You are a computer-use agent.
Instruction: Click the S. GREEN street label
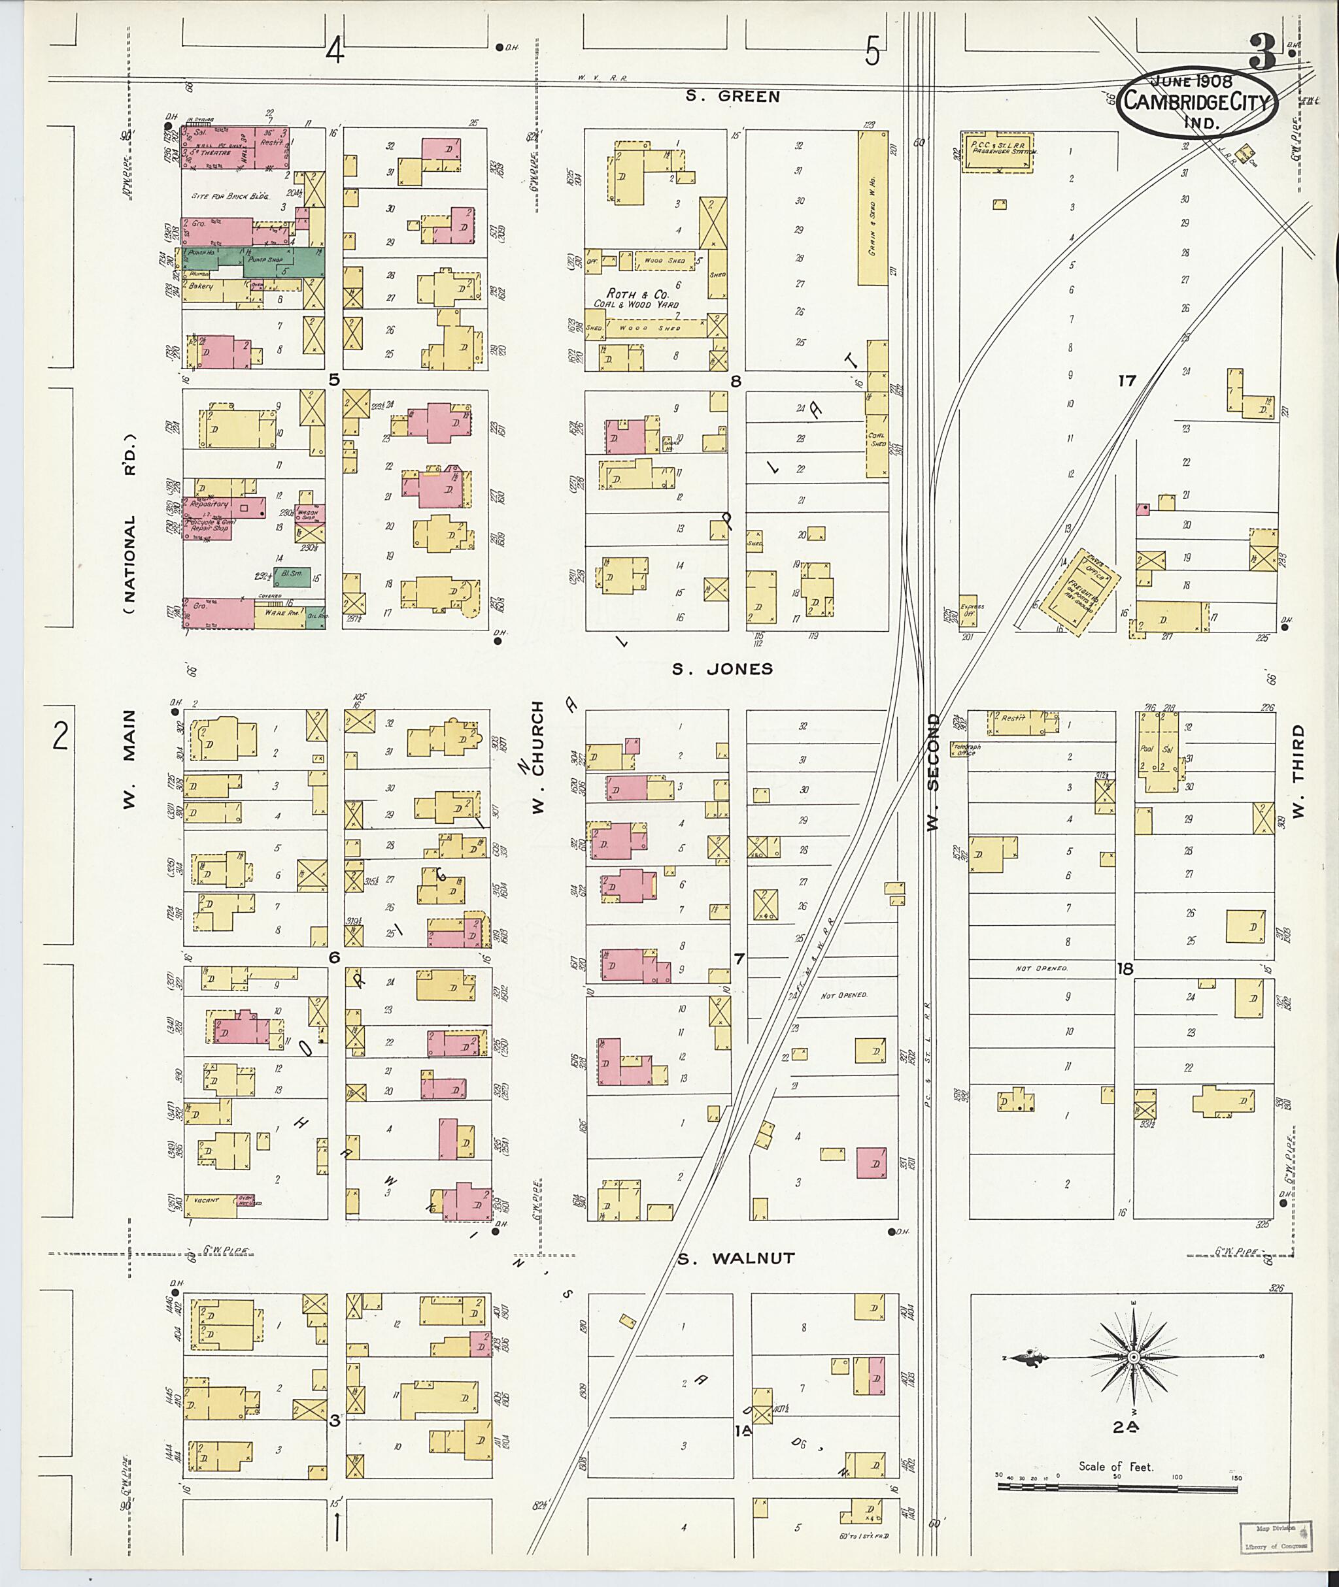[x=732, y=96]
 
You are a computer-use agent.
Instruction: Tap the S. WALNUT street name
[x=736, y=1258]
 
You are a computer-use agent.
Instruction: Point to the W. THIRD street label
[x=1298, y=771]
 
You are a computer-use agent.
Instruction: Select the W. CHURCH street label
[x=538, y=758]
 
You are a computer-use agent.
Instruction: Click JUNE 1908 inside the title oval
[x=1193, y=81]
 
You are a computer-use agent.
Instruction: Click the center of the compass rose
[x=1132, y=1356]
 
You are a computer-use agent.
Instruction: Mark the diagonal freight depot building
[x=1079, y=591]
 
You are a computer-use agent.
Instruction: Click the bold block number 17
[x=1127, y=380]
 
